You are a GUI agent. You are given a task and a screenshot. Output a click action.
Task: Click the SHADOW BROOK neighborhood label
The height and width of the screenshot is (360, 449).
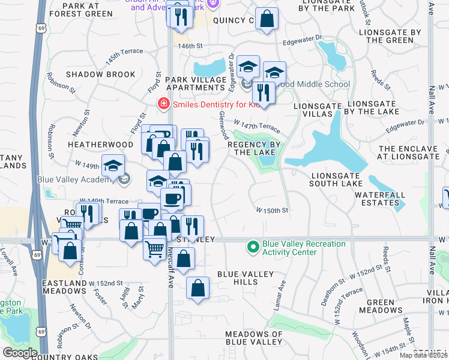101,74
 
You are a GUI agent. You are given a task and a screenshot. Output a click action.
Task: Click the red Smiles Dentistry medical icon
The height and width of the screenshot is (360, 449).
162,104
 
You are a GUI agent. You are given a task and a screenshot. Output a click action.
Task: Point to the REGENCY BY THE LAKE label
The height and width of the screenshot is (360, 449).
255,149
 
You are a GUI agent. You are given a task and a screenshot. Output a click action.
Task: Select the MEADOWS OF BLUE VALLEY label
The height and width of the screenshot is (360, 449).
253,338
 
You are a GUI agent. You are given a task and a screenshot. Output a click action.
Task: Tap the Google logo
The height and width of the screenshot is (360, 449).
20,353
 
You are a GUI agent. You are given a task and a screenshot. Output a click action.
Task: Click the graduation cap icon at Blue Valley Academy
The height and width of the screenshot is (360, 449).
113,166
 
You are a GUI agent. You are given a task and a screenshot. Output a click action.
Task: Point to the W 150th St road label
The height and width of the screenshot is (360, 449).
273,211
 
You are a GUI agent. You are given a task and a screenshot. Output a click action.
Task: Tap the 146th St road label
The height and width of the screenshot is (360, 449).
187,46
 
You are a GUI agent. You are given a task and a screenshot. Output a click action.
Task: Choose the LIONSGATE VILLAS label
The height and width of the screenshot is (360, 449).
313,110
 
